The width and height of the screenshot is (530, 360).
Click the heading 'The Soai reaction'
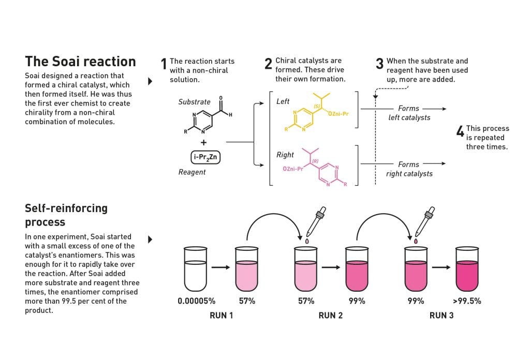pos(80,62)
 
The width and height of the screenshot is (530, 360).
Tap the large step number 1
pos(164,64)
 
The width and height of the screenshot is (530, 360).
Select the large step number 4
pos(460,131)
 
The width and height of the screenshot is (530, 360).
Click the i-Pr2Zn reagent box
pos(205,157)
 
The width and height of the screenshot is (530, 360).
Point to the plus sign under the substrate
pos(203,143)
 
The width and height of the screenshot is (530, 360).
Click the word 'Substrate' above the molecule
pos(195,102)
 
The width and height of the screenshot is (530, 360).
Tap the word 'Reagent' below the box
pos(192,172)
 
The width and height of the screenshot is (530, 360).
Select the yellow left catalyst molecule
pos(316,112)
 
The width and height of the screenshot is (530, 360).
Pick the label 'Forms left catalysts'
pos(409,113)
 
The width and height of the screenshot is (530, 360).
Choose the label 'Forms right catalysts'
pos(409,169)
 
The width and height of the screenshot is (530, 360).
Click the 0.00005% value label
pos(196,301)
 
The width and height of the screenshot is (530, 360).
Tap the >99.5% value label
pos(467,301)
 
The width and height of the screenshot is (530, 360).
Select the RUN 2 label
pos(331,316)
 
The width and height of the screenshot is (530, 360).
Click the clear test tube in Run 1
pos(195,269)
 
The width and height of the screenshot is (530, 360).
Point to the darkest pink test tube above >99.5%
pos(467,269)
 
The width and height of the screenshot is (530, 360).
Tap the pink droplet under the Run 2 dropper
pos(307,241)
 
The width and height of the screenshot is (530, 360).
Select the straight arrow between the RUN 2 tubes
pos(331,267)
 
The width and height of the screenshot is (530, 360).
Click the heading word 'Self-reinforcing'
pos(66,208)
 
